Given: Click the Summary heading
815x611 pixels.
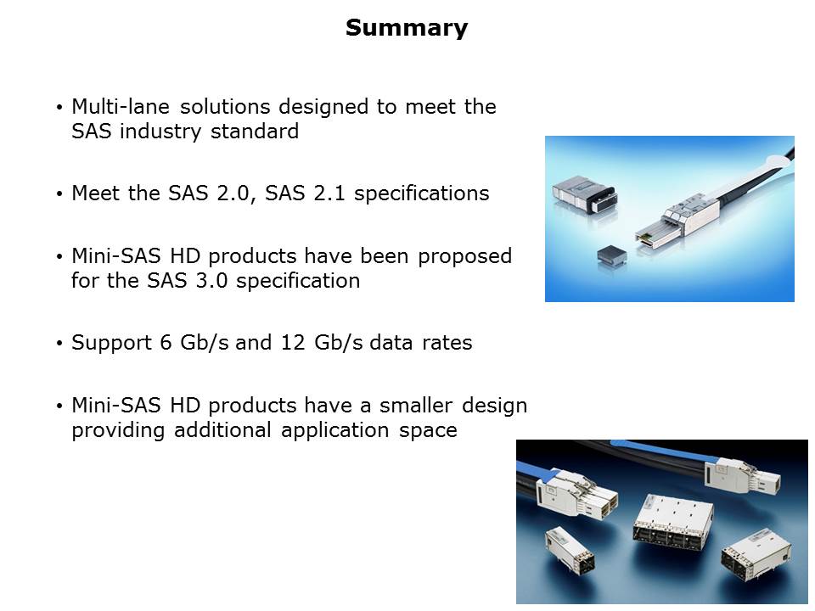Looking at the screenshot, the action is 407,27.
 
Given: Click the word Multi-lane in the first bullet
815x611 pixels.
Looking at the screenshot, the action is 121,107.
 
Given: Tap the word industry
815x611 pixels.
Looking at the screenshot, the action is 160,132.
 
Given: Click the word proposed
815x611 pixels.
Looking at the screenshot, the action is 464,256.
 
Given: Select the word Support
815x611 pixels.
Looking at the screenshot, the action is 111,344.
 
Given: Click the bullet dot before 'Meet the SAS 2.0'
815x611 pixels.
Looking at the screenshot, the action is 59,194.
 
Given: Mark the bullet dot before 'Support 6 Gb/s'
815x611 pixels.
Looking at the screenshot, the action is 59,344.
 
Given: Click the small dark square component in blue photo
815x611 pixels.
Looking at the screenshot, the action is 612,255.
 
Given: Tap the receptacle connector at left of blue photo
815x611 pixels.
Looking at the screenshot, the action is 585,193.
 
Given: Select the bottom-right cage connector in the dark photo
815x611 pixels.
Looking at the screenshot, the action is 756,554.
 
